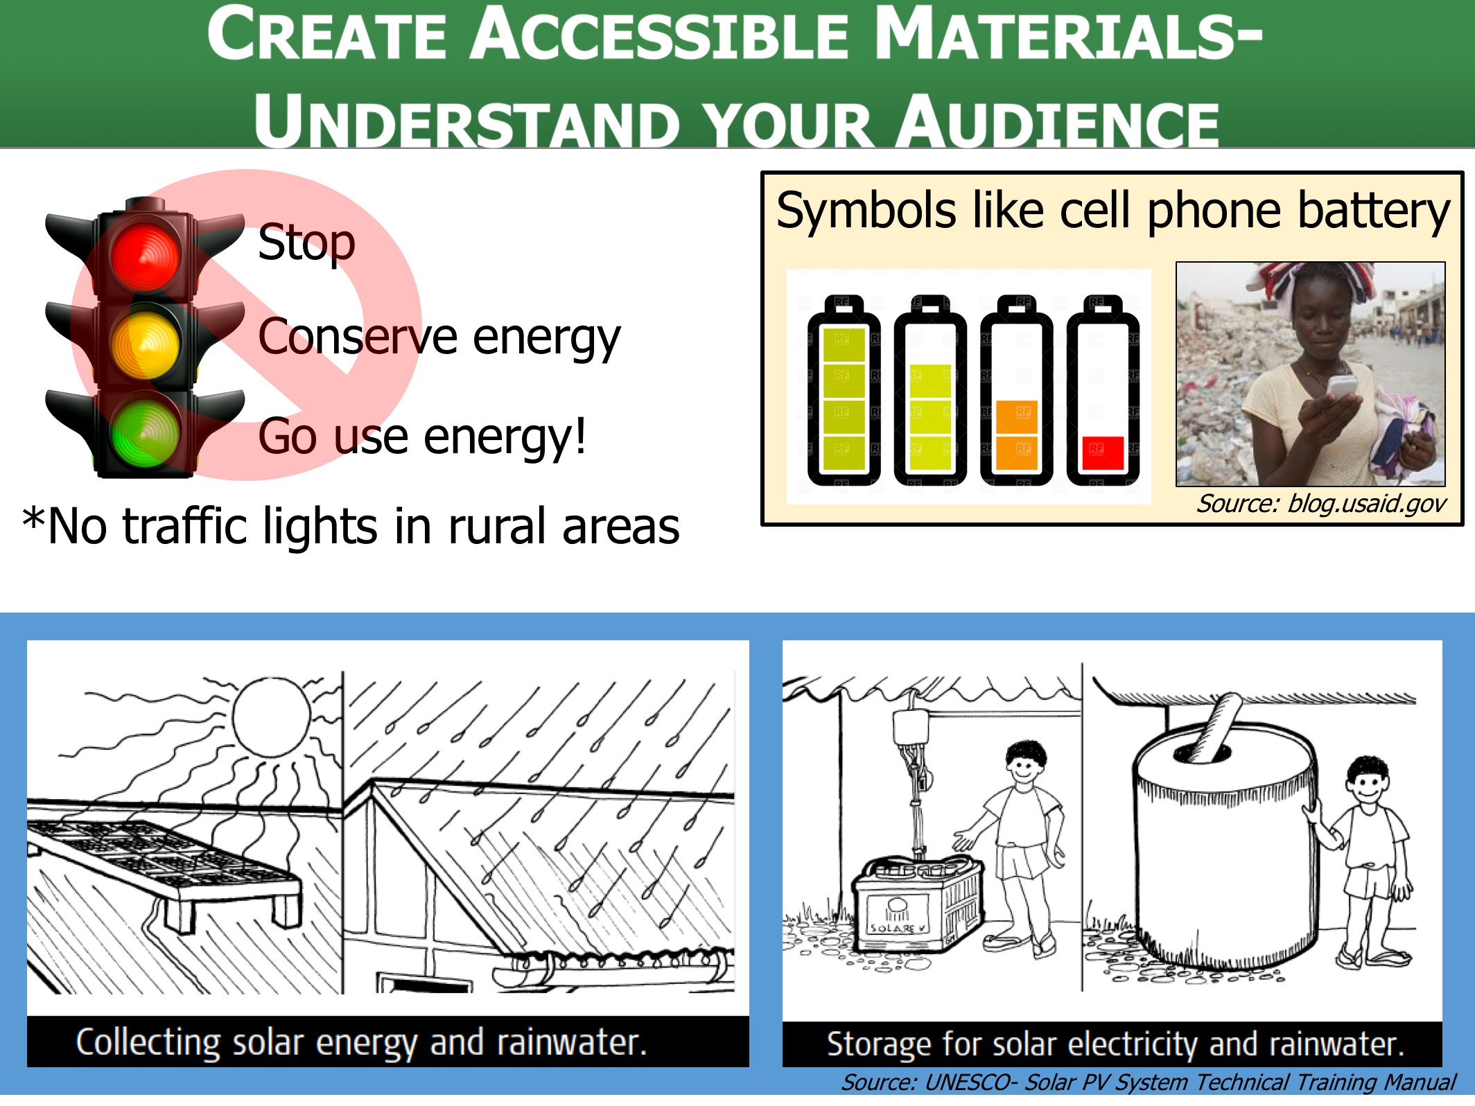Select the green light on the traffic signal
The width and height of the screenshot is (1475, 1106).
(x=145, y=433)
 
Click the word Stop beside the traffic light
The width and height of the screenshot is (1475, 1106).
(x=306, y=243)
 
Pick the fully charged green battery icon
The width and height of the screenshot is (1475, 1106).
(x=844, y=390)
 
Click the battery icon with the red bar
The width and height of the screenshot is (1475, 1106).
(x=1103, y=390)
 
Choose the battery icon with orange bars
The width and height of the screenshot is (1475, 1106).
(x=1016, y=390)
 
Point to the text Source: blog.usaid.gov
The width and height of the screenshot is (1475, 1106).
(x=1321, y=504)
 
